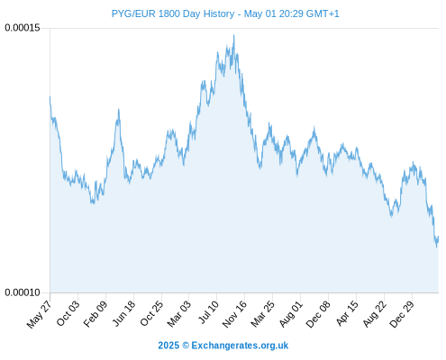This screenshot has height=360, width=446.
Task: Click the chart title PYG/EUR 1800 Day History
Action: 173,13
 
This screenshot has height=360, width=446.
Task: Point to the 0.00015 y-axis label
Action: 23,28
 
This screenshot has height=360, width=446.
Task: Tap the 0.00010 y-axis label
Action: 23,292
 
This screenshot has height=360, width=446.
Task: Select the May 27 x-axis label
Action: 39,314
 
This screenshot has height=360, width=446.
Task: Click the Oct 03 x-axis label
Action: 68,313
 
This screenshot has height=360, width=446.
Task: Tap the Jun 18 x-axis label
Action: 124,313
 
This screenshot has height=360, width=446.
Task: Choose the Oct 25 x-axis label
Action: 152,313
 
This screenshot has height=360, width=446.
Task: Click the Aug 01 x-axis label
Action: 291,313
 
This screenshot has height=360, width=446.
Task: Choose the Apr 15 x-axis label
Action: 347,313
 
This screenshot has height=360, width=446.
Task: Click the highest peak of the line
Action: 234,35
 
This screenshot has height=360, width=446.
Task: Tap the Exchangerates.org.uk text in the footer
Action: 240,346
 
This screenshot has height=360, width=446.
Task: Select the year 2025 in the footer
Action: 168,346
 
